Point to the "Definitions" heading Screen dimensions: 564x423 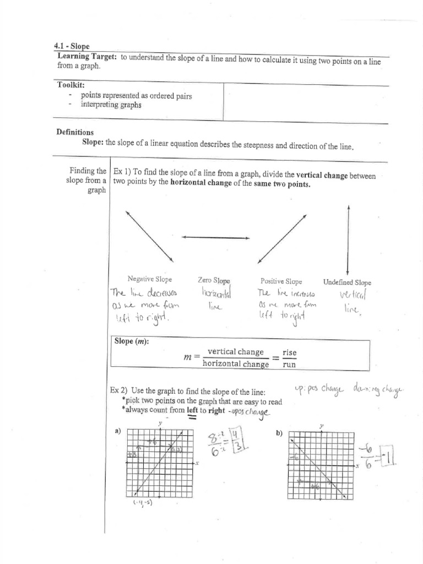click(x=75, y=132)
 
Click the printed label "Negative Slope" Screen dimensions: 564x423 click(x=149, y=280)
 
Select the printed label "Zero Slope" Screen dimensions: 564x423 click(x=214, y=280)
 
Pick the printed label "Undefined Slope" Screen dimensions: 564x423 click(x=347, y=282)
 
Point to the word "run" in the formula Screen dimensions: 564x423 click(x=289, y=364)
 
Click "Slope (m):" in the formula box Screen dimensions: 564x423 click(x=132, y=341)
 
